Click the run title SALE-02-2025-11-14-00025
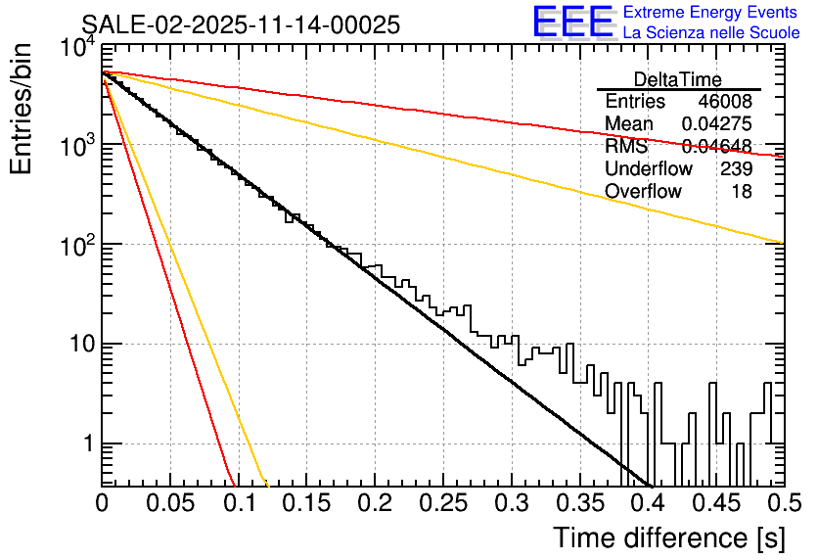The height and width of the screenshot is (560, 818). tap(241, 25)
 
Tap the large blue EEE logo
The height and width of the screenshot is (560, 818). tap(572, 23)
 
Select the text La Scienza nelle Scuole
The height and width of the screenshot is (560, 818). tap(710, 32)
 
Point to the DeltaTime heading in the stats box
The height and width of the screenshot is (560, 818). tap(678, 79)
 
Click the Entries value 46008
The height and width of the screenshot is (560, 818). tap(725, 102)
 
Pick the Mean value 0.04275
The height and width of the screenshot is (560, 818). tap(716, 124)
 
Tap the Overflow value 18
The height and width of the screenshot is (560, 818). tap(742, 191)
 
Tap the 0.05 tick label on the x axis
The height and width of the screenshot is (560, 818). tap(169, 503)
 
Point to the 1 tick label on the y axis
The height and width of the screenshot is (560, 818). tap(87, 443)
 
